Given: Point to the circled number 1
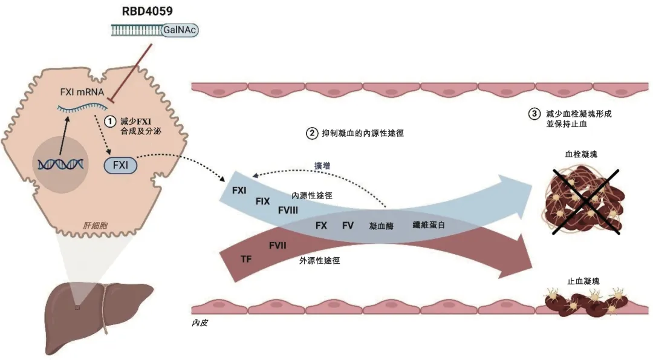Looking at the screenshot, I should [x=110, y=121].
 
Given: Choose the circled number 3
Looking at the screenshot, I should [x=534, y=113].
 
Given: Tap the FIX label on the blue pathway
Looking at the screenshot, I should [x=262, y=201].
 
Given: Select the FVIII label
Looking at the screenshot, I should [x=288, y=210].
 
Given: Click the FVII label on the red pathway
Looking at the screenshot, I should [x=278, y=245].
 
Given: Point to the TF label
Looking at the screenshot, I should [x=246, y=259].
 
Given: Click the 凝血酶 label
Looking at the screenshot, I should [x=381, y=226].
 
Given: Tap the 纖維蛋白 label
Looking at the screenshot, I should [x=429, y=225].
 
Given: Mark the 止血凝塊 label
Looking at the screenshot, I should [x=584, y=281].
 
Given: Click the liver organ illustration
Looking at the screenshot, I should [x=91, y=315].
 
